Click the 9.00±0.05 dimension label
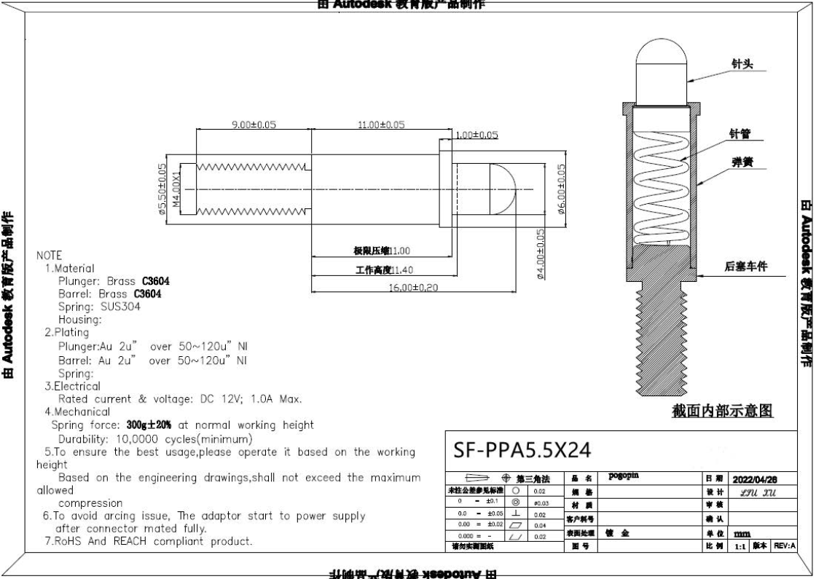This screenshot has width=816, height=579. click(x=254, y=125)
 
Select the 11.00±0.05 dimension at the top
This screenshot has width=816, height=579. click(x=380, y=125)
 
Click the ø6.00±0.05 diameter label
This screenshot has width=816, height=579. click(x=561, y=188)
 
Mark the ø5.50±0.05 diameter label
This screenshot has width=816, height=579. click(x=162, y=188)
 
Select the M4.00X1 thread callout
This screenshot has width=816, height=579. click(x=175, y=189)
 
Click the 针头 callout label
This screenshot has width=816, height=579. click(x=742, y=65)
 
